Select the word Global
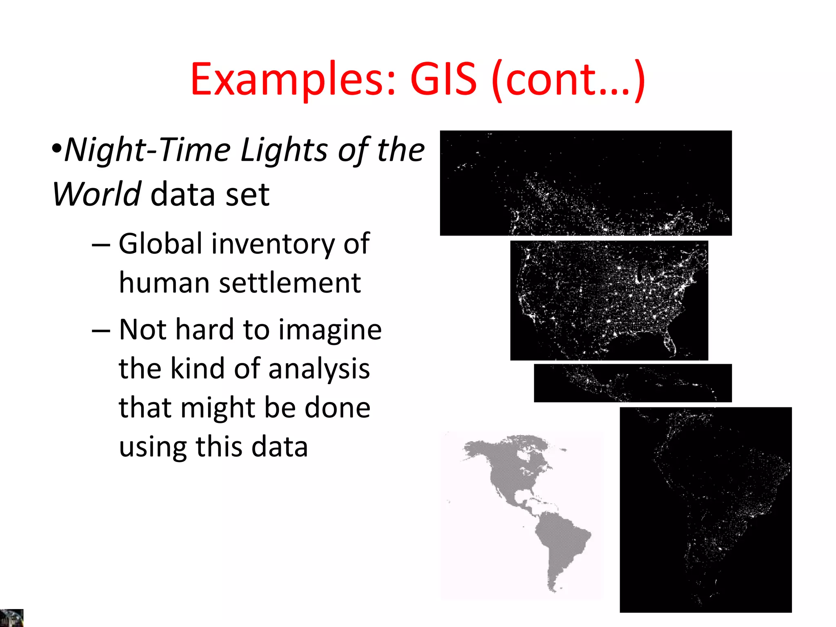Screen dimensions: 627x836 (x=160, y=244)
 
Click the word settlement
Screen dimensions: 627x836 (x=290, y=282)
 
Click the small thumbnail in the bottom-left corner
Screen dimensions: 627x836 (x=11, y=618)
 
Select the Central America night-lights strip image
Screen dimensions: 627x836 (x=633, y=383)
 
